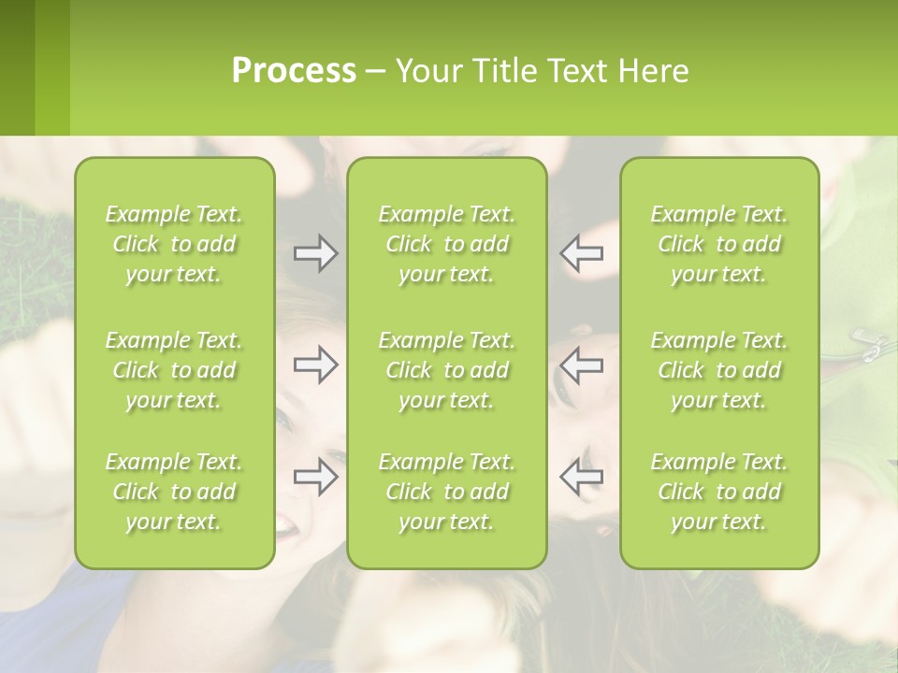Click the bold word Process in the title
click(x=294, y=71)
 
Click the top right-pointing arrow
click(x=316, y=253)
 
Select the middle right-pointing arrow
click(x=316, y=365)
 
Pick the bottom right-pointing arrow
click(x=316, y=477)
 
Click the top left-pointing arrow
click(x=582, y=253)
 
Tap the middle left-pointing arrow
click(x=582, y=365)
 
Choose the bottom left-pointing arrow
click(x=582, y=477)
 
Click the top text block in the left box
click(x=174, y=244)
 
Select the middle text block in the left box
click(x=174, y=370)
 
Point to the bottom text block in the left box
click(x=174, y=492)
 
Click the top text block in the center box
click(x=447, y=244)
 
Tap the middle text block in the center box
click(x=447, y=370)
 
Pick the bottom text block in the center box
click(x=447, y=492)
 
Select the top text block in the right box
click(x=719, y=244)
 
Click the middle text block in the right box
click(x=719, y=370)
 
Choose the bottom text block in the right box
click(x=719, y=492)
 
